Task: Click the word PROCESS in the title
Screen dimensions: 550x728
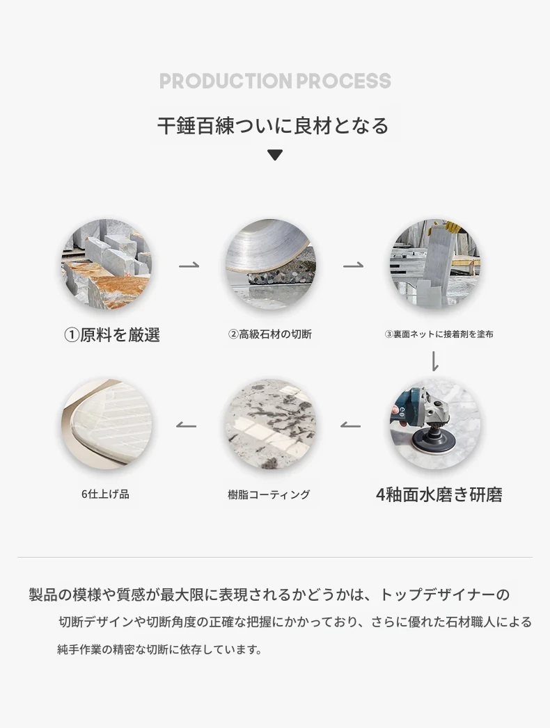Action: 344,81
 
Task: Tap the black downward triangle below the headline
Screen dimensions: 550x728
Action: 275,155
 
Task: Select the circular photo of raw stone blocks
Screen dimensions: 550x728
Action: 107,264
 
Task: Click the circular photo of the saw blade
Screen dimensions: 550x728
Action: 271,264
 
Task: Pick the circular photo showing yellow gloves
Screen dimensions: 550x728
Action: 435,264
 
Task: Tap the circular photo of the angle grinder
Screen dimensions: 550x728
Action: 435,424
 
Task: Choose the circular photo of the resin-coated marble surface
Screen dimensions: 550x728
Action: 271,424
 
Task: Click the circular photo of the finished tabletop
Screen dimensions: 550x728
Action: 107,424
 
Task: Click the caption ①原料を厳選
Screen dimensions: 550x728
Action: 112,334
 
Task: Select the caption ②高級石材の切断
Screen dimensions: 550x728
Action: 270,334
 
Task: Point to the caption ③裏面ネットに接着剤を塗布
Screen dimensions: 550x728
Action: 439,334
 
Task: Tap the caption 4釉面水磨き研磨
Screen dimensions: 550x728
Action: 439,495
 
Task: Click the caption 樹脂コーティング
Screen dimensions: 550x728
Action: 269,495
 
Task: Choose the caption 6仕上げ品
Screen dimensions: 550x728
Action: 106,494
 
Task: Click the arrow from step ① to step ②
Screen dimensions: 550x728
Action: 189,265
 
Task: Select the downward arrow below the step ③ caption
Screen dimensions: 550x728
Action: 435,361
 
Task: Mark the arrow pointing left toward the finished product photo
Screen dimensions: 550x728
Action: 186,425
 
